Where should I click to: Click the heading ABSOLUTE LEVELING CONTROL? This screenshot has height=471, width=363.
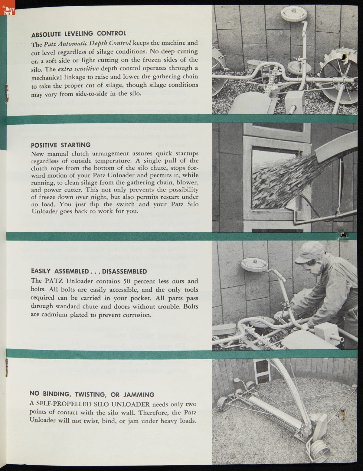tap(79, 33)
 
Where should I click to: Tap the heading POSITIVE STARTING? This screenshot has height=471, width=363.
tap(61, 145)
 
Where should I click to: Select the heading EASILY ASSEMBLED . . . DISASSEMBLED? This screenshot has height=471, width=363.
tap(89, 271)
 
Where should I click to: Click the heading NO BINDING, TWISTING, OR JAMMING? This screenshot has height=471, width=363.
tap(92, 394)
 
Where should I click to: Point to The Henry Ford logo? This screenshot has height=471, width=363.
tap(7, 11)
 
